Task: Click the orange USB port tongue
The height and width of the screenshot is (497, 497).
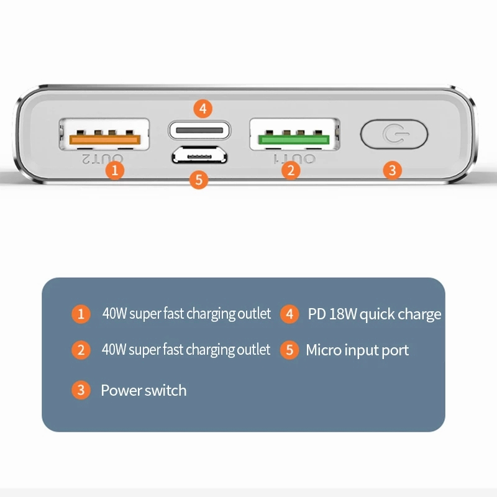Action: (x=105, y=139)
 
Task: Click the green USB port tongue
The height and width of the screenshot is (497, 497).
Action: (x=294, y=139)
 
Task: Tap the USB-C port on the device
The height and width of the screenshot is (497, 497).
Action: (x=199, y=130)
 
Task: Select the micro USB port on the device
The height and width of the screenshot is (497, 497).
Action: (x=199, y=155)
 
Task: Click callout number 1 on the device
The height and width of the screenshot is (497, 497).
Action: (x=115, y=170)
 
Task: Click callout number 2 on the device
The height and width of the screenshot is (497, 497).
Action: (x=291, y=170)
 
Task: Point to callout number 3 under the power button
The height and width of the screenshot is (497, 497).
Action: (x=393, y=170)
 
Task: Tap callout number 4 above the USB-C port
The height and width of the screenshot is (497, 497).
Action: (x=203, y=109)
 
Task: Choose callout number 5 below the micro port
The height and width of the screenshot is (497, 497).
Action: (x=199, y=180)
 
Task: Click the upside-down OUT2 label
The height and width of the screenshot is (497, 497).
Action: (x=103, y=159)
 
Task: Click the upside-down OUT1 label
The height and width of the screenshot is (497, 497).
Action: (x=294, y=159)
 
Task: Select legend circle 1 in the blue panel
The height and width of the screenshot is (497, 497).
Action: (x=81, y=314)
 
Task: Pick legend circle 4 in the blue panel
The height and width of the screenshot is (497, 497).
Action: (x=290, y=314)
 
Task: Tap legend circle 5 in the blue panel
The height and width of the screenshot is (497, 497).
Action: (x=290, y=350)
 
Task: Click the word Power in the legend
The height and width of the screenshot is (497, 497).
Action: (x=121, y=390)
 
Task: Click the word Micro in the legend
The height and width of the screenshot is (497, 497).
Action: (x=323, y=350)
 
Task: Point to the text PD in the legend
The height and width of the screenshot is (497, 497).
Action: (x=317, y=314)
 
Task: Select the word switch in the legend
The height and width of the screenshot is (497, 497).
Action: (x=165, y=390)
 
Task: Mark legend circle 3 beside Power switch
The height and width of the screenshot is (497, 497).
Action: (x=81, y=390)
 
